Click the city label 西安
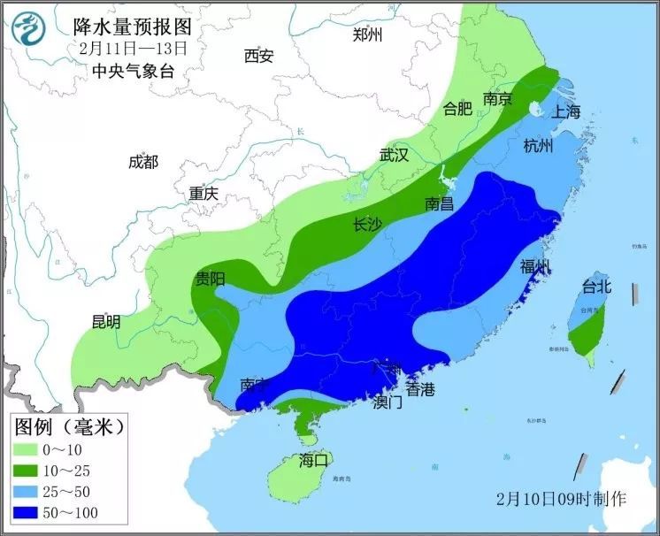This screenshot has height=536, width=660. (x=259, y=57)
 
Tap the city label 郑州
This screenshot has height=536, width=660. (x=367, y=34)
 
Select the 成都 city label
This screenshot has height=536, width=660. (x=143, y=162)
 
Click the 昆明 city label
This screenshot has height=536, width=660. (x=106, y=322)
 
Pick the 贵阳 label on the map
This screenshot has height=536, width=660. (x=210, y=279)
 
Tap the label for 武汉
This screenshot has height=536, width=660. (x=394, y=155)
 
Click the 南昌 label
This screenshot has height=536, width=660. (x=439, y=203)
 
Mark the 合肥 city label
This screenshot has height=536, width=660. (x=457, y=109)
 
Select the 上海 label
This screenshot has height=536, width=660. (x=565, y=111)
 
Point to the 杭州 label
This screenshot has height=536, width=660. (x=538, y=146)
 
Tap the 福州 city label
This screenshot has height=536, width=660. (x=535, y=266)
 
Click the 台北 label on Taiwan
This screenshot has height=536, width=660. (x=596, y=286)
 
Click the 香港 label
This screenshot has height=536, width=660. (x=420, y=389)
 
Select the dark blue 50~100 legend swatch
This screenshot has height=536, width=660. (x=34, y=513)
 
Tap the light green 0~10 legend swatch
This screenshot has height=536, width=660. (x=34, y=449)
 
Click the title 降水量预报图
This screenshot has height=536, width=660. (x=132, y=27)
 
